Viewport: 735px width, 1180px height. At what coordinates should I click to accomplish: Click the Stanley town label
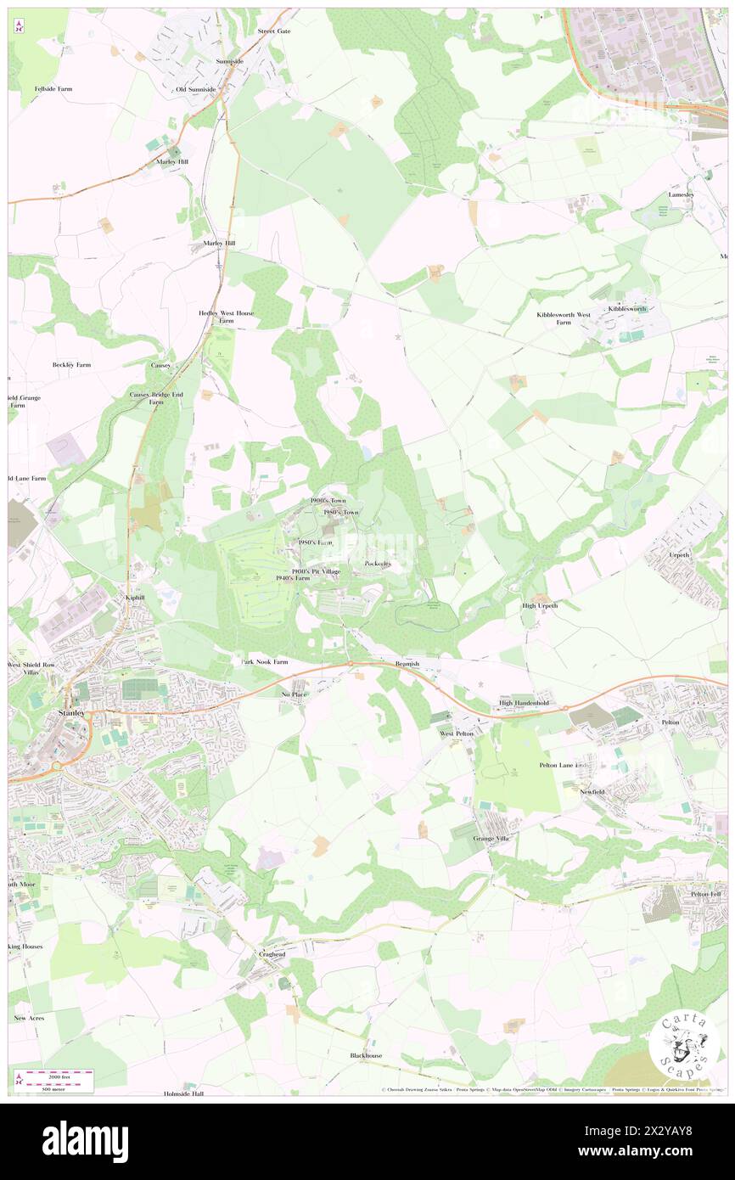[70, 713]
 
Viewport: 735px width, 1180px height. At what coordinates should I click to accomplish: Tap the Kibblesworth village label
[626, 309]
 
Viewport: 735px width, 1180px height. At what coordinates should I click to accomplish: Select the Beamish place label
[407, 664]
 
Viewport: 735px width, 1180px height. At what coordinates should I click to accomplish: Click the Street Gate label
[273, 31]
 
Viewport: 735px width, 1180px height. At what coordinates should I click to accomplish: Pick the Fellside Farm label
[53, 88]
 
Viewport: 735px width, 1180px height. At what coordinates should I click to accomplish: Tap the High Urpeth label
[539, 605]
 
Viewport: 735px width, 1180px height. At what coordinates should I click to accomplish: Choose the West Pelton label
[457, 732]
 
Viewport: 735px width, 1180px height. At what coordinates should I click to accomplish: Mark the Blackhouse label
[366, 1055]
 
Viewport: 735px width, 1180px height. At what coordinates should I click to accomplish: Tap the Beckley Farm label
[71, 364]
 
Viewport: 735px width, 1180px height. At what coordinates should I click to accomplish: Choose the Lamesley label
[682, 194]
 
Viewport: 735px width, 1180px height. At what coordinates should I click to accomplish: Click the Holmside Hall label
[184, 1094]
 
